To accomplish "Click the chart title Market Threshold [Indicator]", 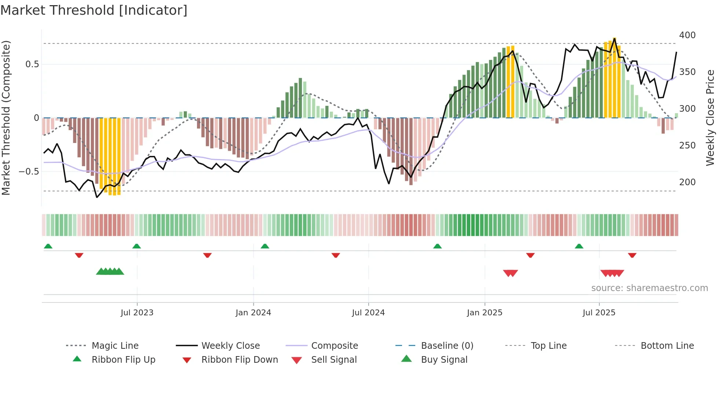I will [x=94, y=10].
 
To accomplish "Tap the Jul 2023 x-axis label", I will [x=137, y=313].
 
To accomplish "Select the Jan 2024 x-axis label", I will [x=253, y=313].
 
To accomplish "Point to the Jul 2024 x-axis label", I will [x=368, y=313].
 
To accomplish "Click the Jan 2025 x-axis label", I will [x=485, y=313].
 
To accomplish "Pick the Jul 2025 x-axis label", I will [x=599, y=313].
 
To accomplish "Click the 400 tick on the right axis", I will [x=687, y=35].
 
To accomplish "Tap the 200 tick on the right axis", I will [x=687, y=182].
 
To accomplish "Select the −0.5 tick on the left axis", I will [x=29, y=172].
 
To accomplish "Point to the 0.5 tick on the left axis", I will [x=32, y=64].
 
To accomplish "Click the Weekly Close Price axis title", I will [x=710, y=118].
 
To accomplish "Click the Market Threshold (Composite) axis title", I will [x=6, y=118].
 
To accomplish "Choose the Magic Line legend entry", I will [x=115, y=346].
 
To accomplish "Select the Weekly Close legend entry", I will [x=230, y=346].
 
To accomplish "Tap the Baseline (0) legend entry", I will [x=447, y=346].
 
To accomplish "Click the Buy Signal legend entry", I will [x=444, y=360].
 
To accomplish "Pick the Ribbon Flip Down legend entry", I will [x=239, y=360].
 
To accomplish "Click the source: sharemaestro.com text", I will [x=649, y=288].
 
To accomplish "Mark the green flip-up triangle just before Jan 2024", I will [x=265, y=246].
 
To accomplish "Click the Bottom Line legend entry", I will [x=667, y=346].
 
